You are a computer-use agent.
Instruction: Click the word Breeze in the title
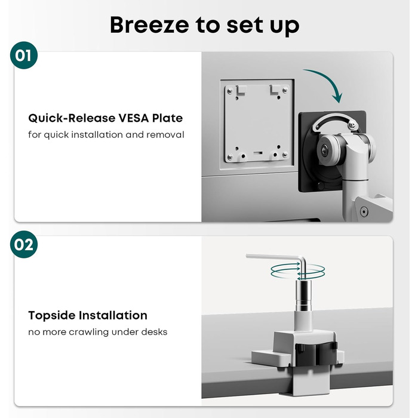click(x=149, y=25)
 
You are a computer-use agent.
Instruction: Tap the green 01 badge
click(x=24, y=56)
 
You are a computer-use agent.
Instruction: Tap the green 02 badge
click(x=24, y=244)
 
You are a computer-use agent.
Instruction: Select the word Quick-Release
click(x=72, y=118)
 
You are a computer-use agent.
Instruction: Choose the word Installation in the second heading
click(x=112, y=315)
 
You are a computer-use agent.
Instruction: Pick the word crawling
click(x=89, y=332)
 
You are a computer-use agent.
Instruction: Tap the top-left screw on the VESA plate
click(x=230, y=91)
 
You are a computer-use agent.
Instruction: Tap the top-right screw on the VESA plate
click(x=285, y=91)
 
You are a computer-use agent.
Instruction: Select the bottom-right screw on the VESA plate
click(x=285, y=154)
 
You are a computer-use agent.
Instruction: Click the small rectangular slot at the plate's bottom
click(x=258, y=153)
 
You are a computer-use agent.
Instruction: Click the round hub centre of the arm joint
click(x=324, y=149)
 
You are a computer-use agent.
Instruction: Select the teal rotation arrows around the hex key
click(x=298, y=271)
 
